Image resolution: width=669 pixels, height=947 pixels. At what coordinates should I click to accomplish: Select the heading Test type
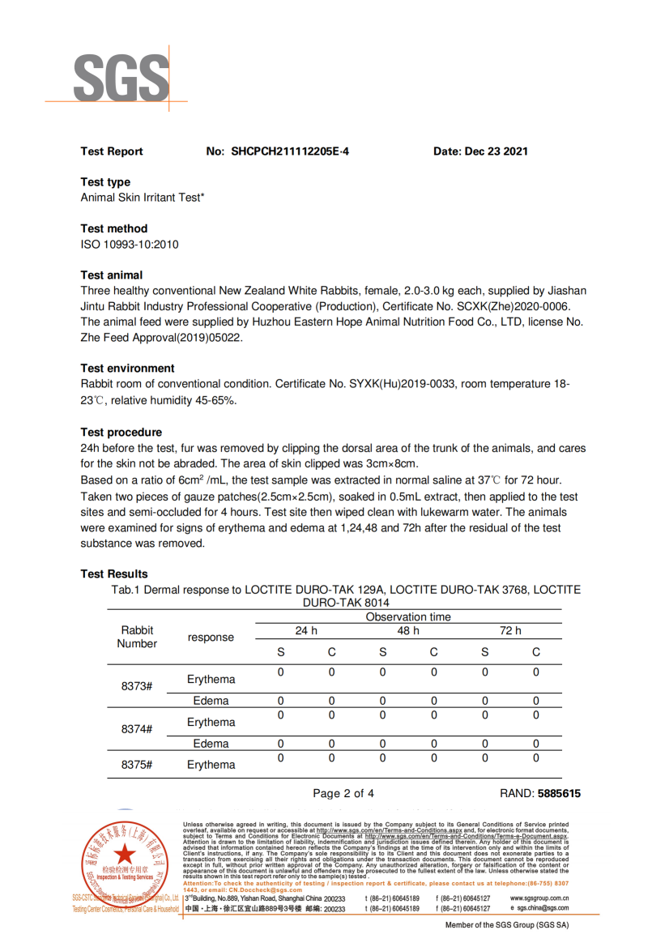(105, 182)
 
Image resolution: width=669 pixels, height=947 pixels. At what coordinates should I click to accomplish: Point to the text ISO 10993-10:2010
(130, 245)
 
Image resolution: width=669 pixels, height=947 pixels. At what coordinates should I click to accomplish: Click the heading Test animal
(112, 275)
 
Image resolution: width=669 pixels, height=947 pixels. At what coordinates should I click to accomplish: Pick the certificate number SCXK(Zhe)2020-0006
(517, 306)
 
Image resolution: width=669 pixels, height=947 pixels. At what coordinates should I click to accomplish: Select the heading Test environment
(127, 368)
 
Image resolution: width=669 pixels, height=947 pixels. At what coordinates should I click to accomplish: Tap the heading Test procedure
(121, 433)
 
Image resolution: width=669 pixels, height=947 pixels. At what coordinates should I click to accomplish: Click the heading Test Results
(114, 574)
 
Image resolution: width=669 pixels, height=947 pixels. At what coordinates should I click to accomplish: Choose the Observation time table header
(408, 617)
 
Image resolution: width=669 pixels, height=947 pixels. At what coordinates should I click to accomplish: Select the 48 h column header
(408, 630)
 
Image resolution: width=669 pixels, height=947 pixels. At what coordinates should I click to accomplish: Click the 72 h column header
(510, 630)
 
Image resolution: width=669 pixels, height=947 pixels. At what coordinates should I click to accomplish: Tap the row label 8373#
(137, 686)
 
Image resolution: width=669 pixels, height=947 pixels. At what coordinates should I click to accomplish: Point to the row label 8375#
(137, 765)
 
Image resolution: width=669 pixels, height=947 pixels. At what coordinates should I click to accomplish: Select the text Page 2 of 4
(343, 794)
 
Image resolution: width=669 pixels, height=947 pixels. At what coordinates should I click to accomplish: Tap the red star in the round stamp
(124, 854)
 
